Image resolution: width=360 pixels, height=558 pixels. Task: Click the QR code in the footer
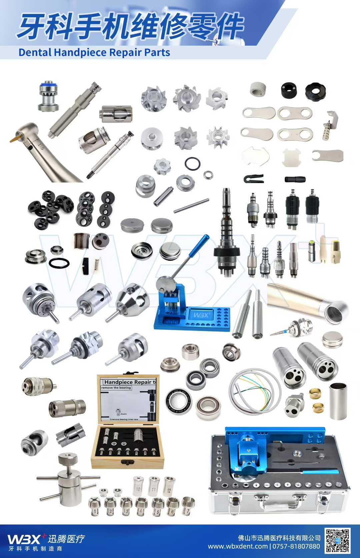click(338, 540)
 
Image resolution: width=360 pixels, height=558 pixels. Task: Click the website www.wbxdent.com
click(238, 546)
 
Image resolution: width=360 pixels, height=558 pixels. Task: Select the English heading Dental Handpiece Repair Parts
click(94, 52)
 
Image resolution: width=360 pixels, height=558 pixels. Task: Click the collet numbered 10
click(138, 488)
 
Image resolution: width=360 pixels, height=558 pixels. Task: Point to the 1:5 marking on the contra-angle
click(41, 146)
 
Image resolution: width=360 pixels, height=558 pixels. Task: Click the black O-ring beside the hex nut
click(192, 163)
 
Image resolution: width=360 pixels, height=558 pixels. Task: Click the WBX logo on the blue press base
click(201, 315)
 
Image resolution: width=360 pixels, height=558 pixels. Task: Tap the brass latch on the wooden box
click(127, 462)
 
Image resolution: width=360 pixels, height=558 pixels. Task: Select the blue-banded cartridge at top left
click(48, 96)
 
